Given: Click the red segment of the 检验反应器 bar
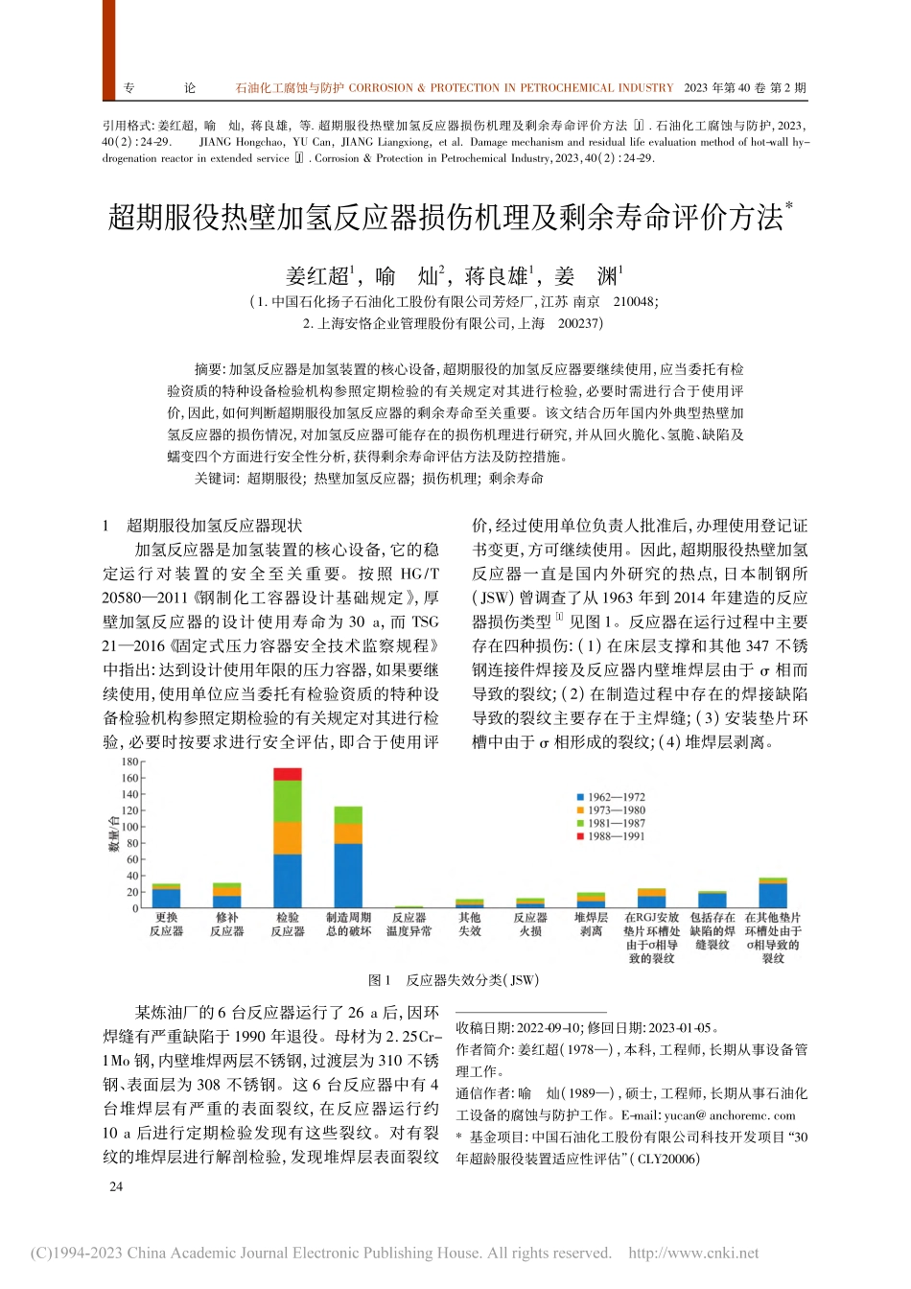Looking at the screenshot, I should coord(288,774).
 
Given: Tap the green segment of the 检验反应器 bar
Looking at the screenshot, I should coord(288,801).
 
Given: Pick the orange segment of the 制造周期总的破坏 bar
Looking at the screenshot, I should coord(348,833).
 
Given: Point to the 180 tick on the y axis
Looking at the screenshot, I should coord(129,762).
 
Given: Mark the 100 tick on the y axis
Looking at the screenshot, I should coord(129,827).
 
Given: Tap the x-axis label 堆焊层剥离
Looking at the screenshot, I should coord(591,925).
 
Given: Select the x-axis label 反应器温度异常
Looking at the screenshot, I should coord(409,925).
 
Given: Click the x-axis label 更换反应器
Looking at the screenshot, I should coord(166,925).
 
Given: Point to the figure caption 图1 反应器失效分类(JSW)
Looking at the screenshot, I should coord(454,980).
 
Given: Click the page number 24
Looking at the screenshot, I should coord(116,1186).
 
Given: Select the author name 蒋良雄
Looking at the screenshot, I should coord(497,277).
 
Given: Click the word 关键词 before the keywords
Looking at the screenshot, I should coord(213,479).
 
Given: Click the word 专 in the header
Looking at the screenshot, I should coord(129,88).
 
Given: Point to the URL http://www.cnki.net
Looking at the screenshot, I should coord(693,1253).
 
